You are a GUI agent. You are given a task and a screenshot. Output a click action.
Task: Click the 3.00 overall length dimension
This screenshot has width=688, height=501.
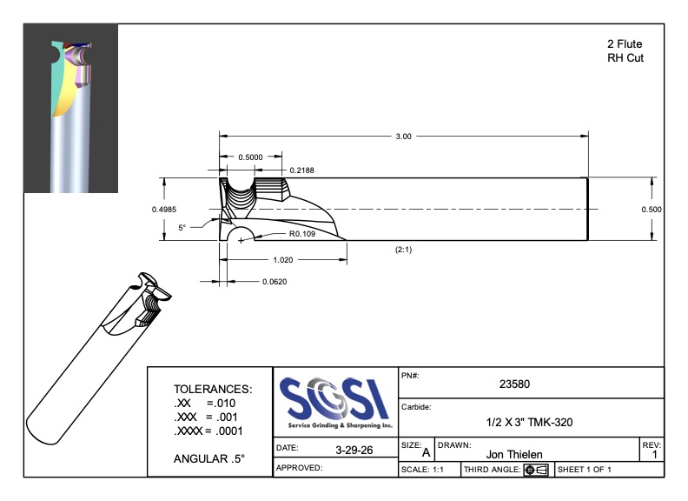click(403, 137)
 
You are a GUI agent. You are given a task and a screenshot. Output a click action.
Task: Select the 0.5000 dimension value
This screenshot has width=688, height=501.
click(250, 157)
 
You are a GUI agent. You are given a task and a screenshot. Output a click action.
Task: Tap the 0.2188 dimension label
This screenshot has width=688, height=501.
click(302, 170)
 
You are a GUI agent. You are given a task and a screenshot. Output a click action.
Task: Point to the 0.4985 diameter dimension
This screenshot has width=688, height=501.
click(164, 210)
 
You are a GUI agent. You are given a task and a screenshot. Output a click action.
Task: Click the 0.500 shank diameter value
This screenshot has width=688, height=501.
click(652, 210)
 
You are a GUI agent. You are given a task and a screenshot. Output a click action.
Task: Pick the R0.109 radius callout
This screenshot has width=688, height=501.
click(302, 234)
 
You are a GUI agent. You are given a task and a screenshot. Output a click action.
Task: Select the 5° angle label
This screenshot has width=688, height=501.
click(182, 227)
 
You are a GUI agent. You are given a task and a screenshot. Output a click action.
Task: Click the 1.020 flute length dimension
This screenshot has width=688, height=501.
click(283, 260)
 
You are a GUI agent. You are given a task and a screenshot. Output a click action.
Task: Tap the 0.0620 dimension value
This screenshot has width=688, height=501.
click(275, 281)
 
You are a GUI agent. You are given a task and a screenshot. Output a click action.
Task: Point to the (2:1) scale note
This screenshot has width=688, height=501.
click(403, 250)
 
